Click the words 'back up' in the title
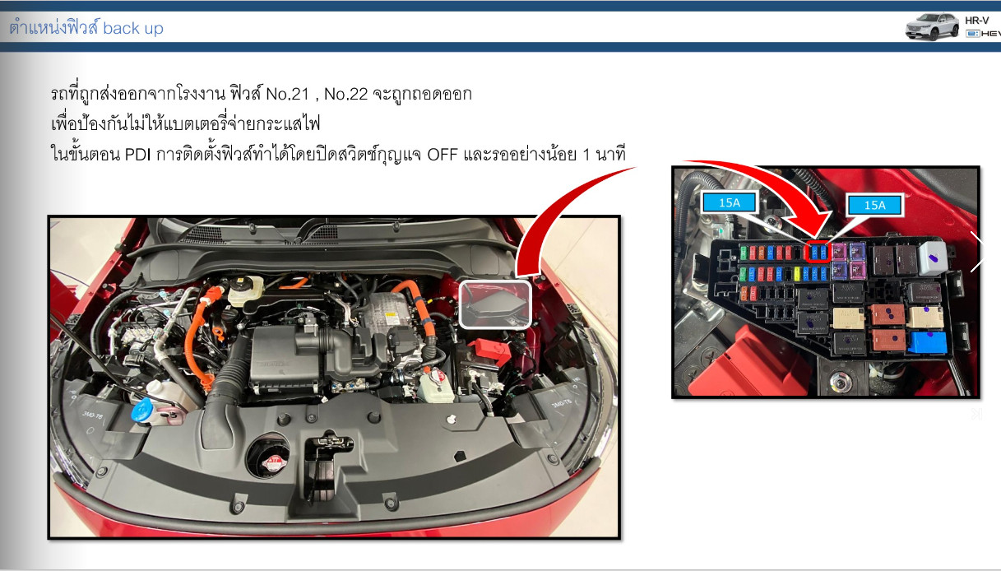[x=132, y=28]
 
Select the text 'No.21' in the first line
[x=287, y=95]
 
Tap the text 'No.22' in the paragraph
[x=346, y=95]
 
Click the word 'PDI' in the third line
[x=137, y=155]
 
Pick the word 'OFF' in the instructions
[x=443, y=155]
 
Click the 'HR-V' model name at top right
[x=977, y=21]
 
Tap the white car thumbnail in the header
[x=932, y=26]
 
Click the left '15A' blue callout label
[x=730, y=202]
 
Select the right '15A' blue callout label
[x=874, y=205]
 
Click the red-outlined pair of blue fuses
[x=818, y=253]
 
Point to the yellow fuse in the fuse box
[x=797, y=273]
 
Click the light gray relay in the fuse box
[x=933, y=257]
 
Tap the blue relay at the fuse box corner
[x=927, y=342]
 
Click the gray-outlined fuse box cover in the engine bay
[x=496, y=304]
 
